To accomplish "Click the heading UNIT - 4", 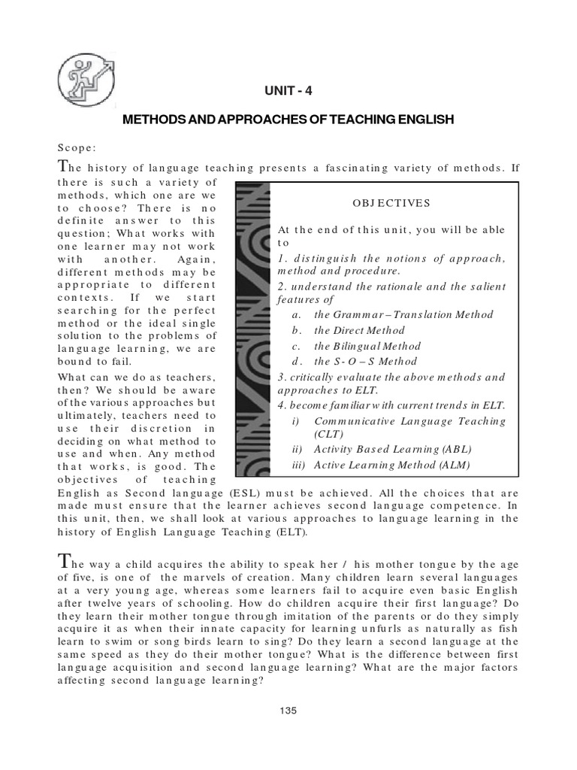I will tap(287, 92).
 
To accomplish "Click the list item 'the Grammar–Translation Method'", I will tap(403, 314).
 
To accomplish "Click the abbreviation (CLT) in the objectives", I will tap(327, 434).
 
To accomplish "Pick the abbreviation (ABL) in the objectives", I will tap(455, 449).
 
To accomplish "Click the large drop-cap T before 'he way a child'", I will tap(63, 561).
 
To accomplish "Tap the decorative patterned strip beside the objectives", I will tap(250, 331).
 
